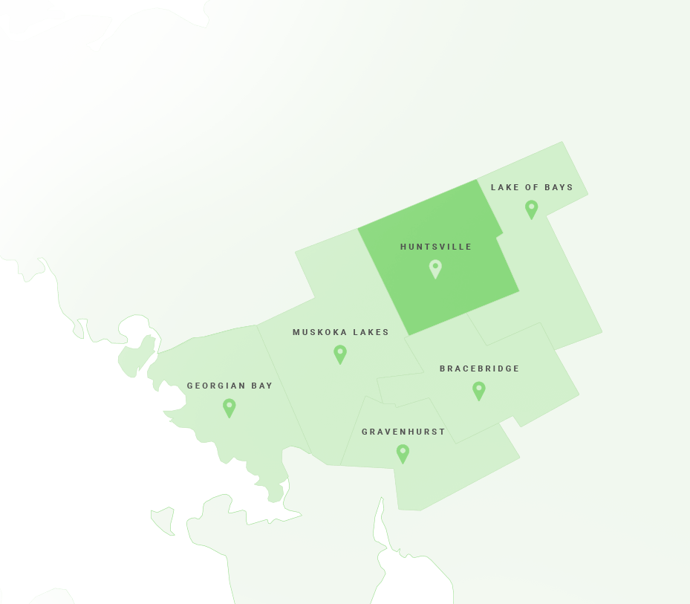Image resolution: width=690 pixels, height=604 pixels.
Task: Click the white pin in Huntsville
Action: pos(435,267)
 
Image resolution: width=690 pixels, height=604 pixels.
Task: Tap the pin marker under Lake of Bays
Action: pos(531,208)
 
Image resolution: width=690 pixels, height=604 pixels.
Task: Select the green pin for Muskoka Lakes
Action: pos(340,353)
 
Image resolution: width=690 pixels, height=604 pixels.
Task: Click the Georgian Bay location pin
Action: pos(230,406)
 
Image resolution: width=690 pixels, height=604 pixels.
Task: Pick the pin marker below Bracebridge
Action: pos(479,389)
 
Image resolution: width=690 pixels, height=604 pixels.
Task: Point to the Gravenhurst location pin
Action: pos(403,452)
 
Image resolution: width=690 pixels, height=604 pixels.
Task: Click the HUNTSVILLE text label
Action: pos(436,247)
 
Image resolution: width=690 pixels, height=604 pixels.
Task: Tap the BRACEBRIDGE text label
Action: pos(480,368)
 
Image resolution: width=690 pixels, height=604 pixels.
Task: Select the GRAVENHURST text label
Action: pos(403,432)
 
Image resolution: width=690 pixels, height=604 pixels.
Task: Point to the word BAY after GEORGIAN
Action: pos(263,386)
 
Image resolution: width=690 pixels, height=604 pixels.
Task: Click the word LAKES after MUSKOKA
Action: pos(371,332)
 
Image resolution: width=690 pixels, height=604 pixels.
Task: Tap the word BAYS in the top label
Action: pos(559,187)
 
